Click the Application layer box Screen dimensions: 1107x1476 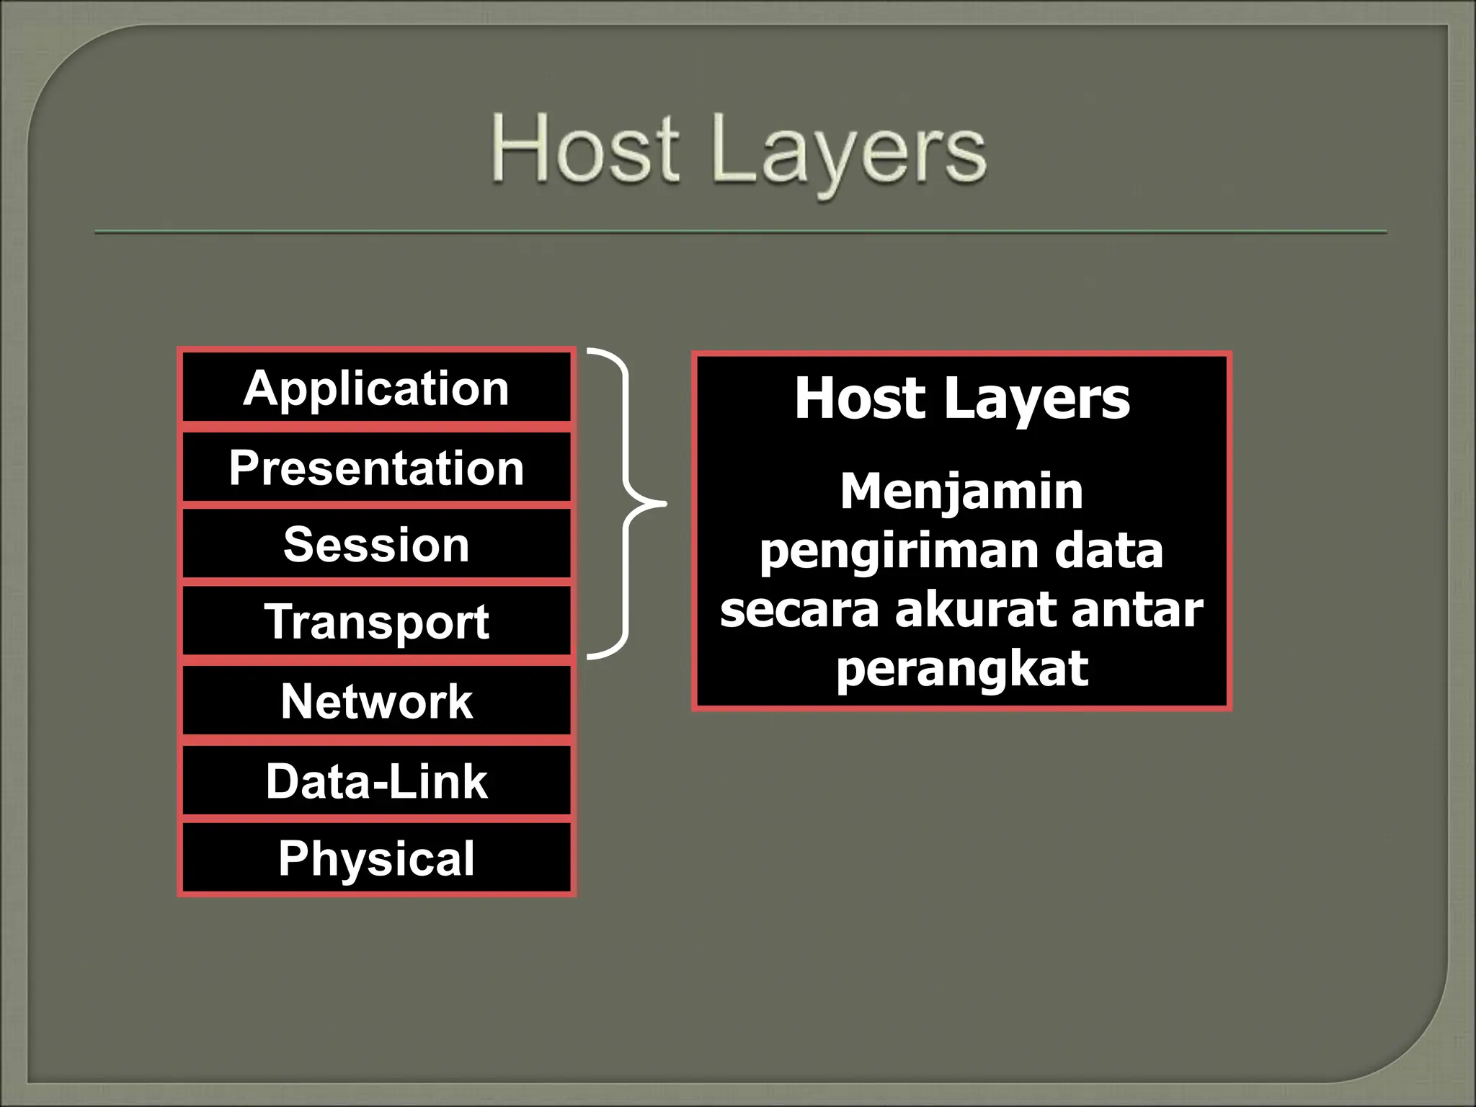pos(376,388)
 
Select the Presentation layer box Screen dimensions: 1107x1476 pos(376,468)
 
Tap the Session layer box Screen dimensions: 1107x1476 pos(376,544)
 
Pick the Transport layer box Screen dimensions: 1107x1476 pos(376,621)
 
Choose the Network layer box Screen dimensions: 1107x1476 pos(376,701)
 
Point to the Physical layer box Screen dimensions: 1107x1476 pos(376,858)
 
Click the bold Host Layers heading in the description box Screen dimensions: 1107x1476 pos(961,398)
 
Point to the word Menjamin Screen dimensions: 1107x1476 pos(961,492)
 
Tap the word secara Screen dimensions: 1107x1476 pos(799,609)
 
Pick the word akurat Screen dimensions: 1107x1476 pos(976,609)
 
